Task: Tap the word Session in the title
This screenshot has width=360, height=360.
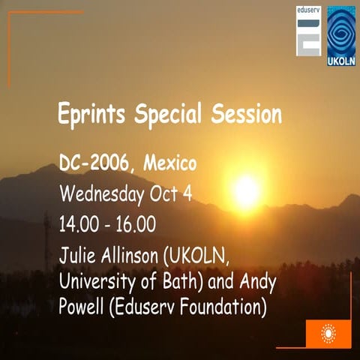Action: (245, 115)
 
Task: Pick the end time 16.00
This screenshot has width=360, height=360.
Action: (142, 224)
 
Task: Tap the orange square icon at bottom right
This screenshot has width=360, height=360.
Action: (328, 333)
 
